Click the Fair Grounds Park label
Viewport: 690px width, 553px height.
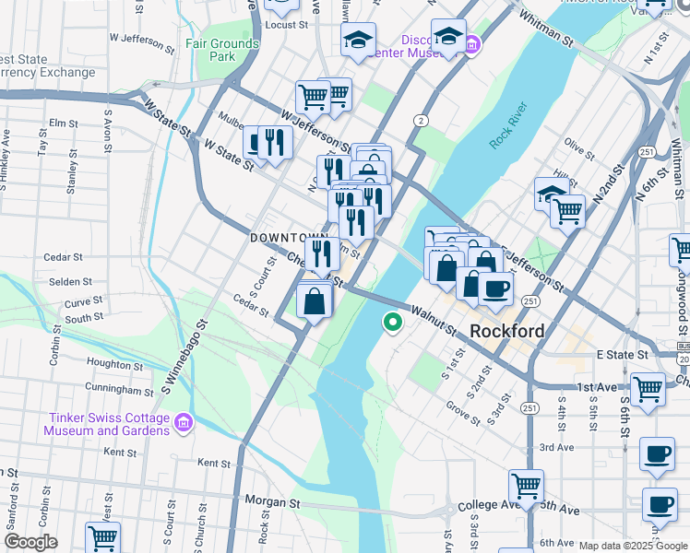pos(221,50)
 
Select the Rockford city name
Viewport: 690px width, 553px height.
pos(506,331)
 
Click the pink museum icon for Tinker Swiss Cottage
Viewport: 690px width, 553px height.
pos(184,422)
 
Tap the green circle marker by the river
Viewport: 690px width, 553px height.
pos(392,322)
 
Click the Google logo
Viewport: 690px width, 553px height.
pos(30,542)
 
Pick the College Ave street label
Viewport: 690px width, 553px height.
pos(482,508)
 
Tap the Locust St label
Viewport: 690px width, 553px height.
pos(286,25)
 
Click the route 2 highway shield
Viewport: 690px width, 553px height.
pos(421,121)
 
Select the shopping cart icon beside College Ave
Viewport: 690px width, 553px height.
pos(526,484)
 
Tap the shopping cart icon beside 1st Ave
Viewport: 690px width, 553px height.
pos(648,387)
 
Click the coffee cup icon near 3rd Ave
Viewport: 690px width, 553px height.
pos(657,453)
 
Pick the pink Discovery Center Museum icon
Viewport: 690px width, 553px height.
pos(471,43)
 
